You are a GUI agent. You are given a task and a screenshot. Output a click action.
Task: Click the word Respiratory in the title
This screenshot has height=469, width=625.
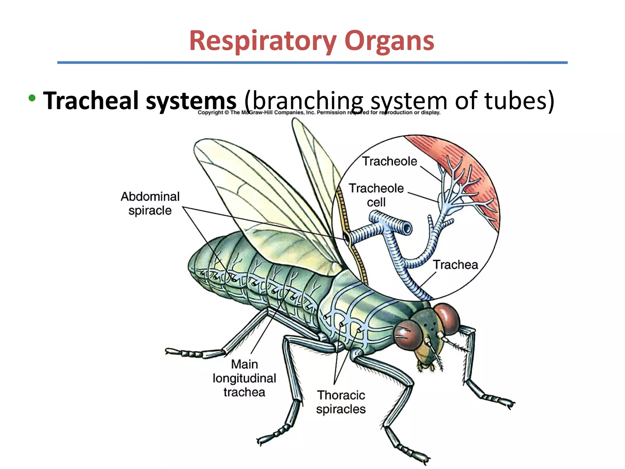pos(262,41)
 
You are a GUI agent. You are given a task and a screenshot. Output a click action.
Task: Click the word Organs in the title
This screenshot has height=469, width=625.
pos(389,41)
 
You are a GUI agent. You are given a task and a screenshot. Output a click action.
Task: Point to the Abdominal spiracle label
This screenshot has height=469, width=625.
pos(150,203)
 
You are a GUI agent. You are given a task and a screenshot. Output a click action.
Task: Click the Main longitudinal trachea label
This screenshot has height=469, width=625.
pos(244,378)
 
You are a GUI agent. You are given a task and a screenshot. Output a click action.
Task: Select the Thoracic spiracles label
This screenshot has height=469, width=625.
pos(341,402)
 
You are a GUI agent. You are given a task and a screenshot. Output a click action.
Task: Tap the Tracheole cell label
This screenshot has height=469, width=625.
pos(376,195)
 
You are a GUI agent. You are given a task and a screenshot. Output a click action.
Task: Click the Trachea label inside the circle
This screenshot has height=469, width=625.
pos(455,265)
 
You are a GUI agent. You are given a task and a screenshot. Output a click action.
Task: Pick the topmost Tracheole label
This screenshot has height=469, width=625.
pos(390,161)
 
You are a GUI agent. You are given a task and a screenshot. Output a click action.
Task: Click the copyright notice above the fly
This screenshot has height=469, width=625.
pos(319,112)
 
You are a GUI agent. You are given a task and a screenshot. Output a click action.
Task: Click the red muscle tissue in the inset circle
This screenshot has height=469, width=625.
pos(476,171)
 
